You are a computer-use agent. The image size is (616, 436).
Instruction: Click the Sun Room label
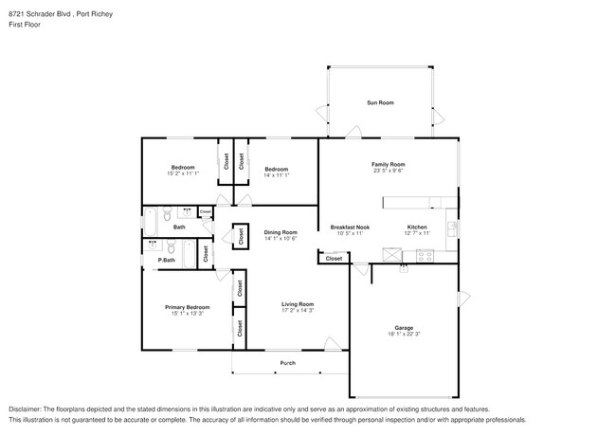380,102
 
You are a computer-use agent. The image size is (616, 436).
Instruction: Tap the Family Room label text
389,165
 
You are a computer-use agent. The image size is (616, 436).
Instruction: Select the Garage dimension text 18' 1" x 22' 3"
403,334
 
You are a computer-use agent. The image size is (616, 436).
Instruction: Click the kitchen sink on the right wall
452,228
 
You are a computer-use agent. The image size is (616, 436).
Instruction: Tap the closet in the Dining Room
241,236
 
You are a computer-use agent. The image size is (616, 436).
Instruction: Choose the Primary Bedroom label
188,307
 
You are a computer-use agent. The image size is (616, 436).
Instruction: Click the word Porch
287,363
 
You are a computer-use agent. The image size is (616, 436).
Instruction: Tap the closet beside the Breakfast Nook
335,258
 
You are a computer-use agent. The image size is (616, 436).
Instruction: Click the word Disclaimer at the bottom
27,407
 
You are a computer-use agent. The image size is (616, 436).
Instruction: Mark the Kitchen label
417,227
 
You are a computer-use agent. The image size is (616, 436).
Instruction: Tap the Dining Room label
281,232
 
